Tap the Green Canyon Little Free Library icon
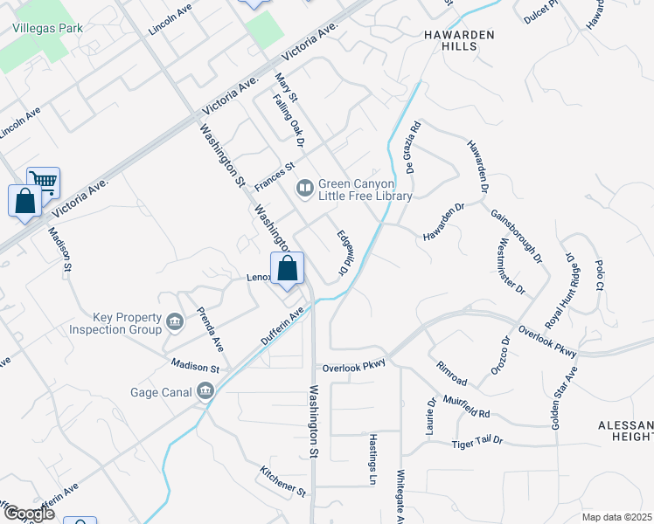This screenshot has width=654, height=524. [x=305, y=187]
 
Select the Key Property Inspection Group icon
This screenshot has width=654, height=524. [x=175, y=323]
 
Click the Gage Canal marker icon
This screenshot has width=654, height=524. [x=206, y=390]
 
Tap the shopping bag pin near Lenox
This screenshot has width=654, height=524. [x=288, y=270]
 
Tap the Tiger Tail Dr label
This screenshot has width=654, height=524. [x=477, y=442]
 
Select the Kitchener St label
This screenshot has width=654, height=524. [x=283, y=482]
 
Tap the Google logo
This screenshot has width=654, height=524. [x=28, y=514]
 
